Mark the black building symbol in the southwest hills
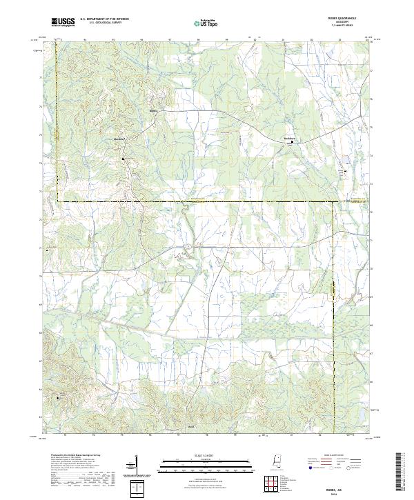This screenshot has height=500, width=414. pyautogui.click(x=58, y=398)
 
